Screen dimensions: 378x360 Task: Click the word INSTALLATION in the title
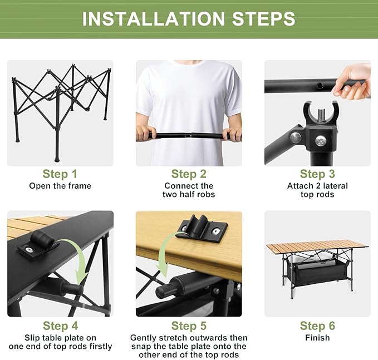tap(153, 18)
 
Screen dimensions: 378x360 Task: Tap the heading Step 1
tap(60, 174)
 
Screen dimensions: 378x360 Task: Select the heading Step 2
tap(189, 174)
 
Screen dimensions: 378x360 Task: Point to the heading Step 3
tap(317, 174)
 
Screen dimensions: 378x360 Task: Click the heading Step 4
tap(60, 326)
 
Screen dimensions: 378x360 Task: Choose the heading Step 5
tap(189, 326)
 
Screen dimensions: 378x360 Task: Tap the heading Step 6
tap(317, 326)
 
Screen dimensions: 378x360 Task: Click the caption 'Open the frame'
tap(60, 186)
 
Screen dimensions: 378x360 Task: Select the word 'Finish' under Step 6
tap(317, 338)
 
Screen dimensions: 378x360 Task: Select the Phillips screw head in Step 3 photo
tap(321, 140)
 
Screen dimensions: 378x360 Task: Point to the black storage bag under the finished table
tap(319, 272)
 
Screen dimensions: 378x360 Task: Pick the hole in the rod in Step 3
tap(321, 85)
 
